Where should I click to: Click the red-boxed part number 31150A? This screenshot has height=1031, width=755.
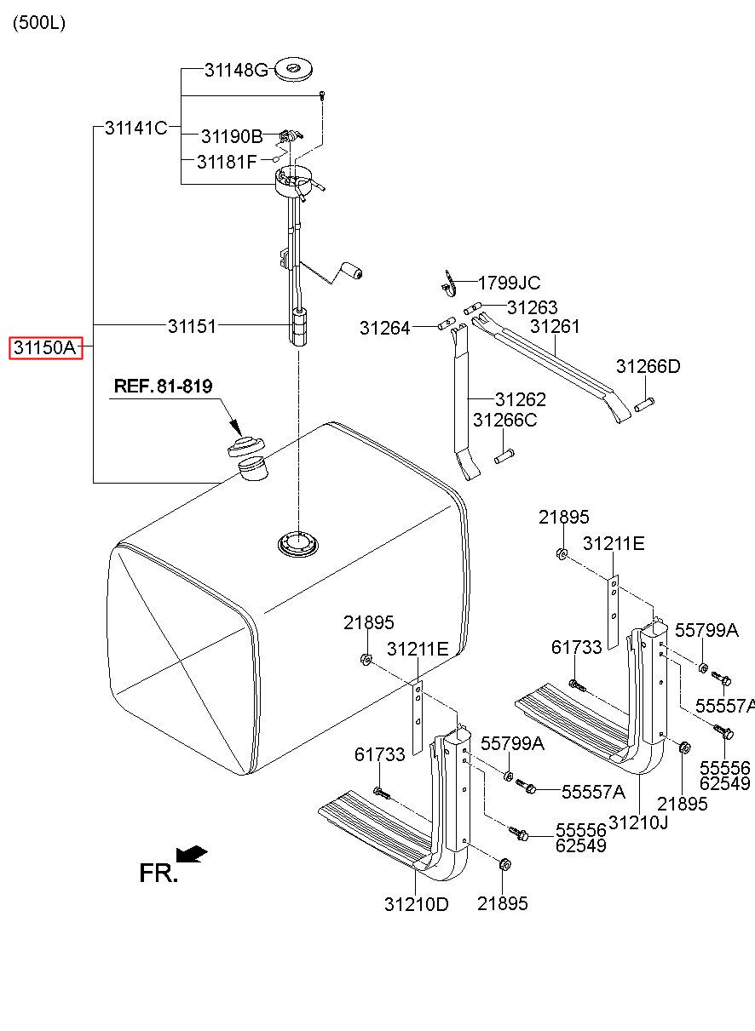pos(46,347)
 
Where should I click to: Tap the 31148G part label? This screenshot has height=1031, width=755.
pos(236,71)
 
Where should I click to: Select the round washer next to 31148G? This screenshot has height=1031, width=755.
pos(293,70)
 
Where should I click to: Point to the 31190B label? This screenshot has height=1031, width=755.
pos(232,137)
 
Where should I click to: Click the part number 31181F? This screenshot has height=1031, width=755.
pos(226,162)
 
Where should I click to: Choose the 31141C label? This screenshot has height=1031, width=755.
pos(135,128)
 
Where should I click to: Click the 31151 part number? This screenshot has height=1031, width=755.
pos(192,326)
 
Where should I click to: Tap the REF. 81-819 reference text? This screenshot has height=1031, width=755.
pos(163,387)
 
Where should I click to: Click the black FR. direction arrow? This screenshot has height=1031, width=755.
pos(192,854)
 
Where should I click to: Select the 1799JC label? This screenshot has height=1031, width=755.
pos(509,283)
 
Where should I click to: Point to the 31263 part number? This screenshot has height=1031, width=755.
pos(532,307)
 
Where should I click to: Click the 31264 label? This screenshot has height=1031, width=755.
pos(384,328)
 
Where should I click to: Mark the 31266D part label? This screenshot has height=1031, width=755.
pos(648,366)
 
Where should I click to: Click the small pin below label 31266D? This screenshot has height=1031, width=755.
pos(644,404)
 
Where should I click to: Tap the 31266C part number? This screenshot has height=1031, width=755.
pos(504,421)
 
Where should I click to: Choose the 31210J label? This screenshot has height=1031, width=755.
pos(638,822)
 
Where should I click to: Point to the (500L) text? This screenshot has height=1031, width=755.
pos(39,23)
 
